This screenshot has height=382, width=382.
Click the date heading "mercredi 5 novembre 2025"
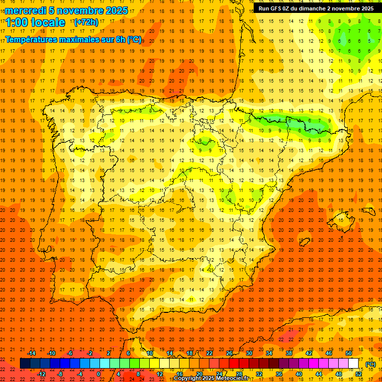67,10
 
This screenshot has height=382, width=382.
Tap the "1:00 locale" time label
36,22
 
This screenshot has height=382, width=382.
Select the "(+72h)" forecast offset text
86,22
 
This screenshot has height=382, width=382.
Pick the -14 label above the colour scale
31,353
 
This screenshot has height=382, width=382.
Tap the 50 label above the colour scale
349,353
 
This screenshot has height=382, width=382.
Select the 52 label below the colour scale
358,374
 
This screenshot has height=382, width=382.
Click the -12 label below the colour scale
41,374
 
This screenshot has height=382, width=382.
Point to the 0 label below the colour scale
98,374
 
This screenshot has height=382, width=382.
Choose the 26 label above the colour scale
229,353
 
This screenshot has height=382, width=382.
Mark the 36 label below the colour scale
279,374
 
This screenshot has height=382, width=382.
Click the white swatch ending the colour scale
353,363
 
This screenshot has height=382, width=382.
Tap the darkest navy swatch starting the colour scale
25,363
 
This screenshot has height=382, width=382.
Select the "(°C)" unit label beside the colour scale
370,364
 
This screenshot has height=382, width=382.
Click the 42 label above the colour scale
309,353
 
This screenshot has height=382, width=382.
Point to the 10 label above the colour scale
150,353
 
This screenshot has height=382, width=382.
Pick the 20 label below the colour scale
199,374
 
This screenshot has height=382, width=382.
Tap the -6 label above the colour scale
70,353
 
